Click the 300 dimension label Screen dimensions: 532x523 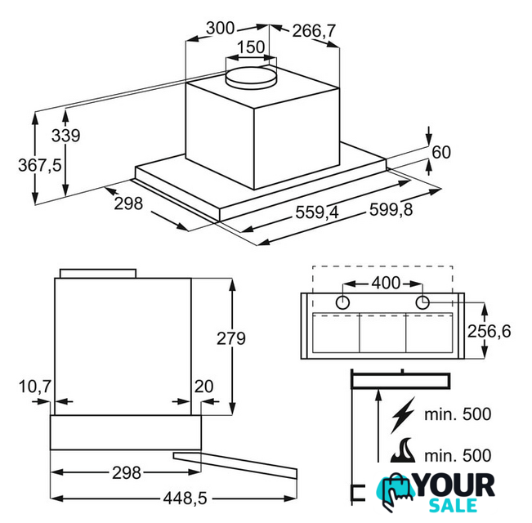coord(220,28)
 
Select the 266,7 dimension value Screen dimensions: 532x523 coord(314,31)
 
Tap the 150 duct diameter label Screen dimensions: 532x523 coord(251,47)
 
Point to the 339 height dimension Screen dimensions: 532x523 coord(66,136)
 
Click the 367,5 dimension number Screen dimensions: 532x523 coord(40,165)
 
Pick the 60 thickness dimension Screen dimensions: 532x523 coord(441,152)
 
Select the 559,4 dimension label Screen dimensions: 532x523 coord(317,212)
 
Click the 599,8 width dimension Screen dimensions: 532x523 coord(391,209)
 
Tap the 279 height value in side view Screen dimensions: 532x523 coord(231,338)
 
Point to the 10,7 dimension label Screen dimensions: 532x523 coord(35,387)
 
